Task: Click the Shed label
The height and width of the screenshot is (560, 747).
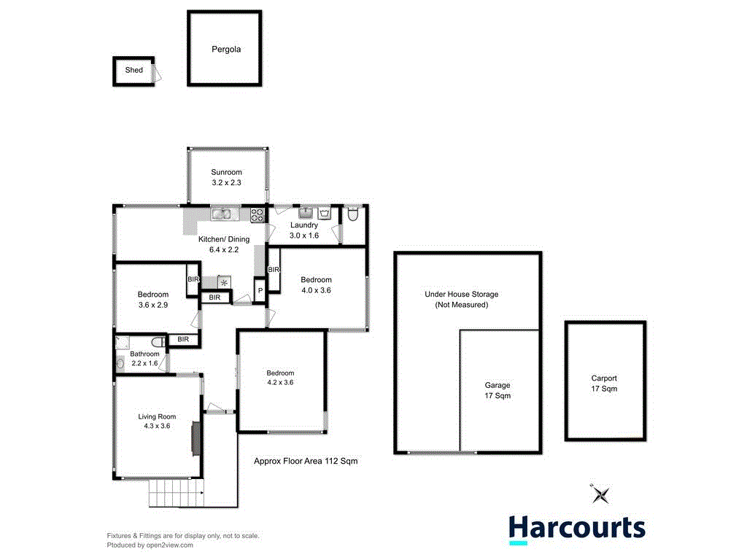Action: (133, 71)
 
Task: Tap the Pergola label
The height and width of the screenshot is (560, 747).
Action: (225, 50)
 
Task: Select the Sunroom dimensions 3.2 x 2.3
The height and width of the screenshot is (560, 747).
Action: (226, 184)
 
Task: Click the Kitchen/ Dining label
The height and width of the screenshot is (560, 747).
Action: (224, 239)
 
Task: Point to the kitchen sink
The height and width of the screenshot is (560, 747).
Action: (221, 214)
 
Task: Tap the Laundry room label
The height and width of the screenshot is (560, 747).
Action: (303, 225)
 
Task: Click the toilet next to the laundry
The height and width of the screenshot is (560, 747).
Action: (353, 214)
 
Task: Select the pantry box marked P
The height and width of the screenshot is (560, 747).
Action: (260, 290)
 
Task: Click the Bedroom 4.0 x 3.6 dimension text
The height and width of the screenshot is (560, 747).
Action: (316, 290)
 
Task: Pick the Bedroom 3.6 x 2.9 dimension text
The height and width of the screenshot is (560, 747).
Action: (153, 306)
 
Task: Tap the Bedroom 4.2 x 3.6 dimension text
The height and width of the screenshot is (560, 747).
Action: (281, 382)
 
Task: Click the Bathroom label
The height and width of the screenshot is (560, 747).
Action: (144, 354)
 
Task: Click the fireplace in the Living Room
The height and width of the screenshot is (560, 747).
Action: (195, 438)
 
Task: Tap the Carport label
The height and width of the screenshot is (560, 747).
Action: (604, 378)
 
